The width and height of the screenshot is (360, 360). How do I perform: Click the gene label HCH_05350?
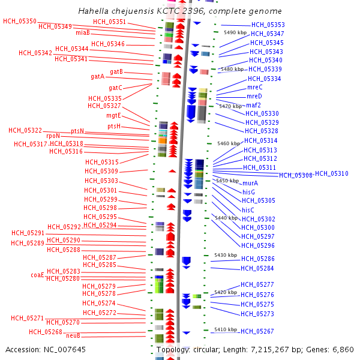(19, 21)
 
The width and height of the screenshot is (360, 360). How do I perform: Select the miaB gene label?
(83, 32)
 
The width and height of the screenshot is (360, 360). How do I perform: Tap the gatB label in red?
(116, 71)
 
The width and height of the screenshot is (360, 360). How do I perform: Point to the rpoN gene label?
(53, 136)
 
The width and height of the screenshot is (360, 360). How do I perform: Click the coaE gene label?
(37, 275)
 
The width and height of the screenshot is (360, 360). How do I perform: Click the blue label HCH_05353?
(268, 25)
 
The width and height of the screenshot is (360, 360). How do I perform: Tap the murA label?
(250, 183)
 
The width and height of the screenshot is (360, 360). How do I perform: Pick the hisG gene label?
(248, 192)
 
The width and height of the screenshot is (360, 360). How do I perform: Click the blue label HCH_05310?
(331, 174)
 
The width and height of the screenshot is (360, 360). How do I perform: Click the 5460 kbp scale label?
(228, 143)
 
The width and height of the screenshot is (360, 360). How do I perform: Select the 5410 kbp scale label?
(225, 329)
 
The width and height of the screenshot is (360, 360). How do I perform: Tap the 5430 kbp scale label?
(226, 255)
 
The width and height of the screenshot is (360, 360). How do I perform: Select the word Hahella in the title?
(94, 11)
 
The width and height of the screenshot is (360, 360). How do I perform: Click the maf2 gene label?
(253, 105)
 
